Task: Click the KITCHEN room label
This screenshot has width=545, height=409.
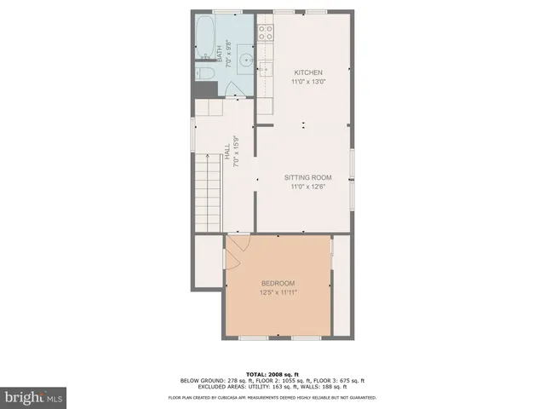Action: [x=307, y=72]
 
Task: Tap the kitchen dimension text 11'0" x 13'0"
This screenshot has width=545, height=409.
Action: [x=307, y=82]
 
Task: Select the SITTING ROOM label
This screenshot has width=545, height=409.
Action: [x=307, y=177]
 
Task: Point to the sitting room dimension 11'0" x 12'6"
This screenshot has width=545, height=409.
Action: [x=307, y=187]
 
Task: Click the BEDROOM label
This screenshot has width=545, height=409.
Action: [x=278, y=283]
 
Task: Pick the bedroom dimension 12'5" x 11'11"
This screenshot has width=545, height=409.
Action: [x=278, y=293]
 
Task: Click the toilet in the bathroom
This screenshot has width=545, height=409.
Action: [x=204, y=74]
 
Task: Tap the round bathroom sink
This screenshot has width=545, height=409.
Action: [x=244, y=60]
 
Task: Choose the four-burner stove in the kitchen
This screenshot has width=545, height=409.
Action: [x=266, y=33]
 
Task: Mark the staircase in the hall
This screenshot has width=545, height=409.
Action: [x=209, y=189]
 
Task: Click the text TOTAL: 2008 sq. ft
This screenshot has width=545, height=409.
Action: [x=272, y=374]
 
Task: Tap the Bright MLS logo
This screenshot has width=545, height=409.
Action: [x=34, y=397]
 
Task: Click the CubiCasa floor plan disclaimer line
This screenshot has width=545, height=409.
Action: [x=272, y=396]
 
